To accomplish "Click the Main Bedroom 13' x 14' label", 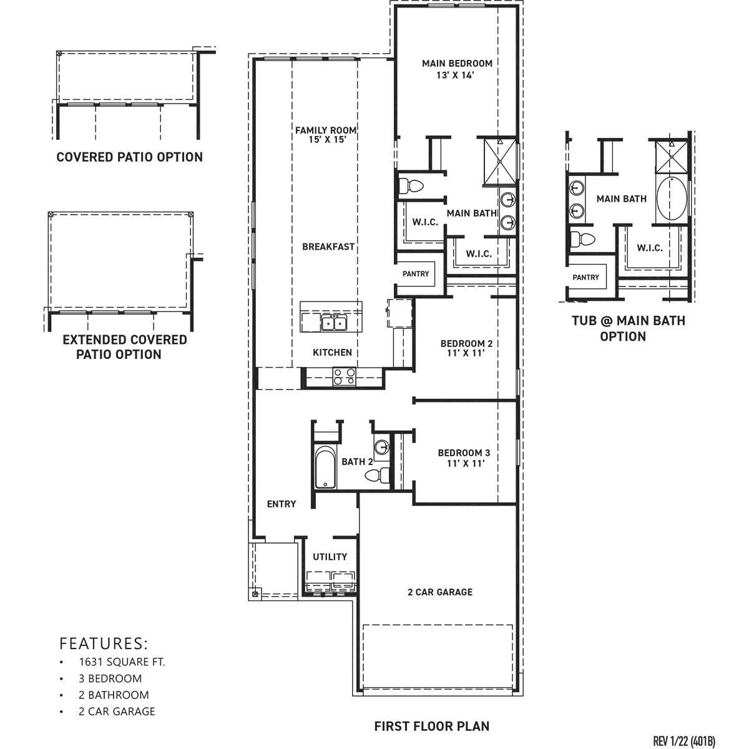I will point(457,69).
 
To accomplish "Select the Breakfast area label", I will point(328,247).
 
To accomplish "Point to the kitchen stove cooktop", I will point(344,376).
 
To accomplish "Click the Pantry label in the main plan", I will point(416,274).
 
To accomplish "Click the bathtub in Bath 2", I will point(325,468).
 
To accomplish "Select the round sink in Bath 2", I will point(381,447).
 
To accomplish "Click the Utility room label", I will point(330,557).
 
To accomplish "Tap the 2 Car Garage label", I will point(440,592).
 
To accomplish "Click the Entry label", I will point(281,504).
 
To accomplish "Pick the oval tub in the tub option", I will point(671,199).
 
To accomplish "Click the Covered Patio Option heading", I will point(130,157).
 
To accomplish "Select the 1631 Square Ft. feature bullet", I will point(122,662).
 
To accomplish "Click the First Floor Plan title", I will point(432,726).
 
